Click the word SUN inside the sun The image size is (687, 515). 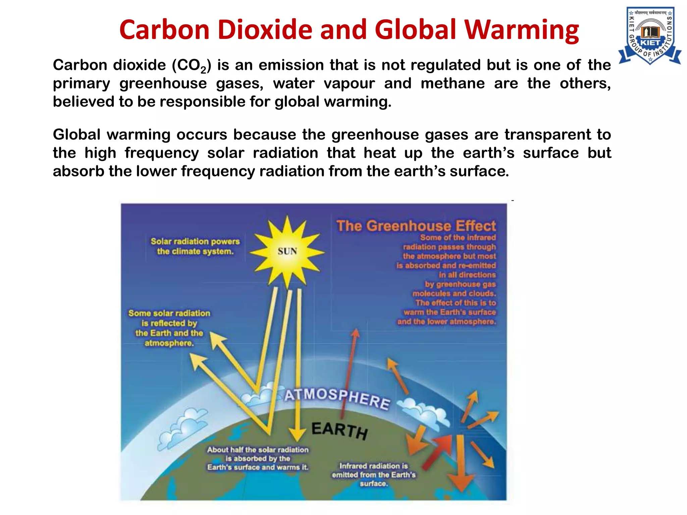(287, 251)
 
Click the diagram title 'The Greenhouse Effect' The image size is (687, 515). (416, 226)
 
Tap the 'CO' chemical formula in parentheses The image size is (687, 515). (191, 65)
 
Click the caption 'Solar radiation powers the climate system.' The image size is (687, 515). (195, 246)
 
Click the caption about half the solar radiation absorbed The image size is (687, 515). (258, 458)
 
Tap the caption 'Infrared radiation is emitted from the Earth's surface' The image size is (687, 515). (374, 474)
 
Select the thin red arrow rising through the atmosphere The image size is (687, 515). (349, 372)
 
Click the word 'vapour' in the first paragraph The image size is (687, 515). (349, 84)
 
